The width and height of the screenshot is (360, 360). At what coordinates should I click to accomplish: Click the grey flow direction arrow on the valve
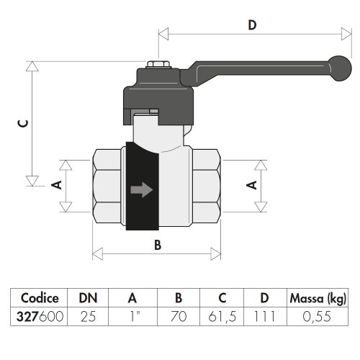coord(142,189)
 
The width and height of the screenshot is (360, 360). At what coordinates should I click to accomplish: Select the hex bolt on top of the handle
coord(158,65)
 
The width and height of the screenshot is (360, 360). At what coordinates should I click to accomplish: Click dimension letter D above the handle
coord(252,25)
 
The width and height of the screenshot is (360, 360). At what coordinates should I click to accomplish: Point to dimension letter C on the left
coord(23,123)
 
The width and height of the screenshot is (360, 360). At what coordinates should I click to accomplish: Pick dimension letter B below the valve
coord(158,245)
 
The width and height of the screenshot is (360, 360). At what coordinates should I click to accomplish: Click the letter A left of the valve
coord(57,185)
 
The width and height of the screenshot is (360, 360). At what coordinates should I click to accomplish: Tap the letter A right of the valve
coord(252,185)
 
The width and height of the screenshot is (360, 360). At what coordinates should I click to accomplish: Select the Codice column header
coord(40,298)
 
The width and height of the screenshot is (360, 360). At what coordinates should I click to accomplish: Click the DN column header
coord(88,298)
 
